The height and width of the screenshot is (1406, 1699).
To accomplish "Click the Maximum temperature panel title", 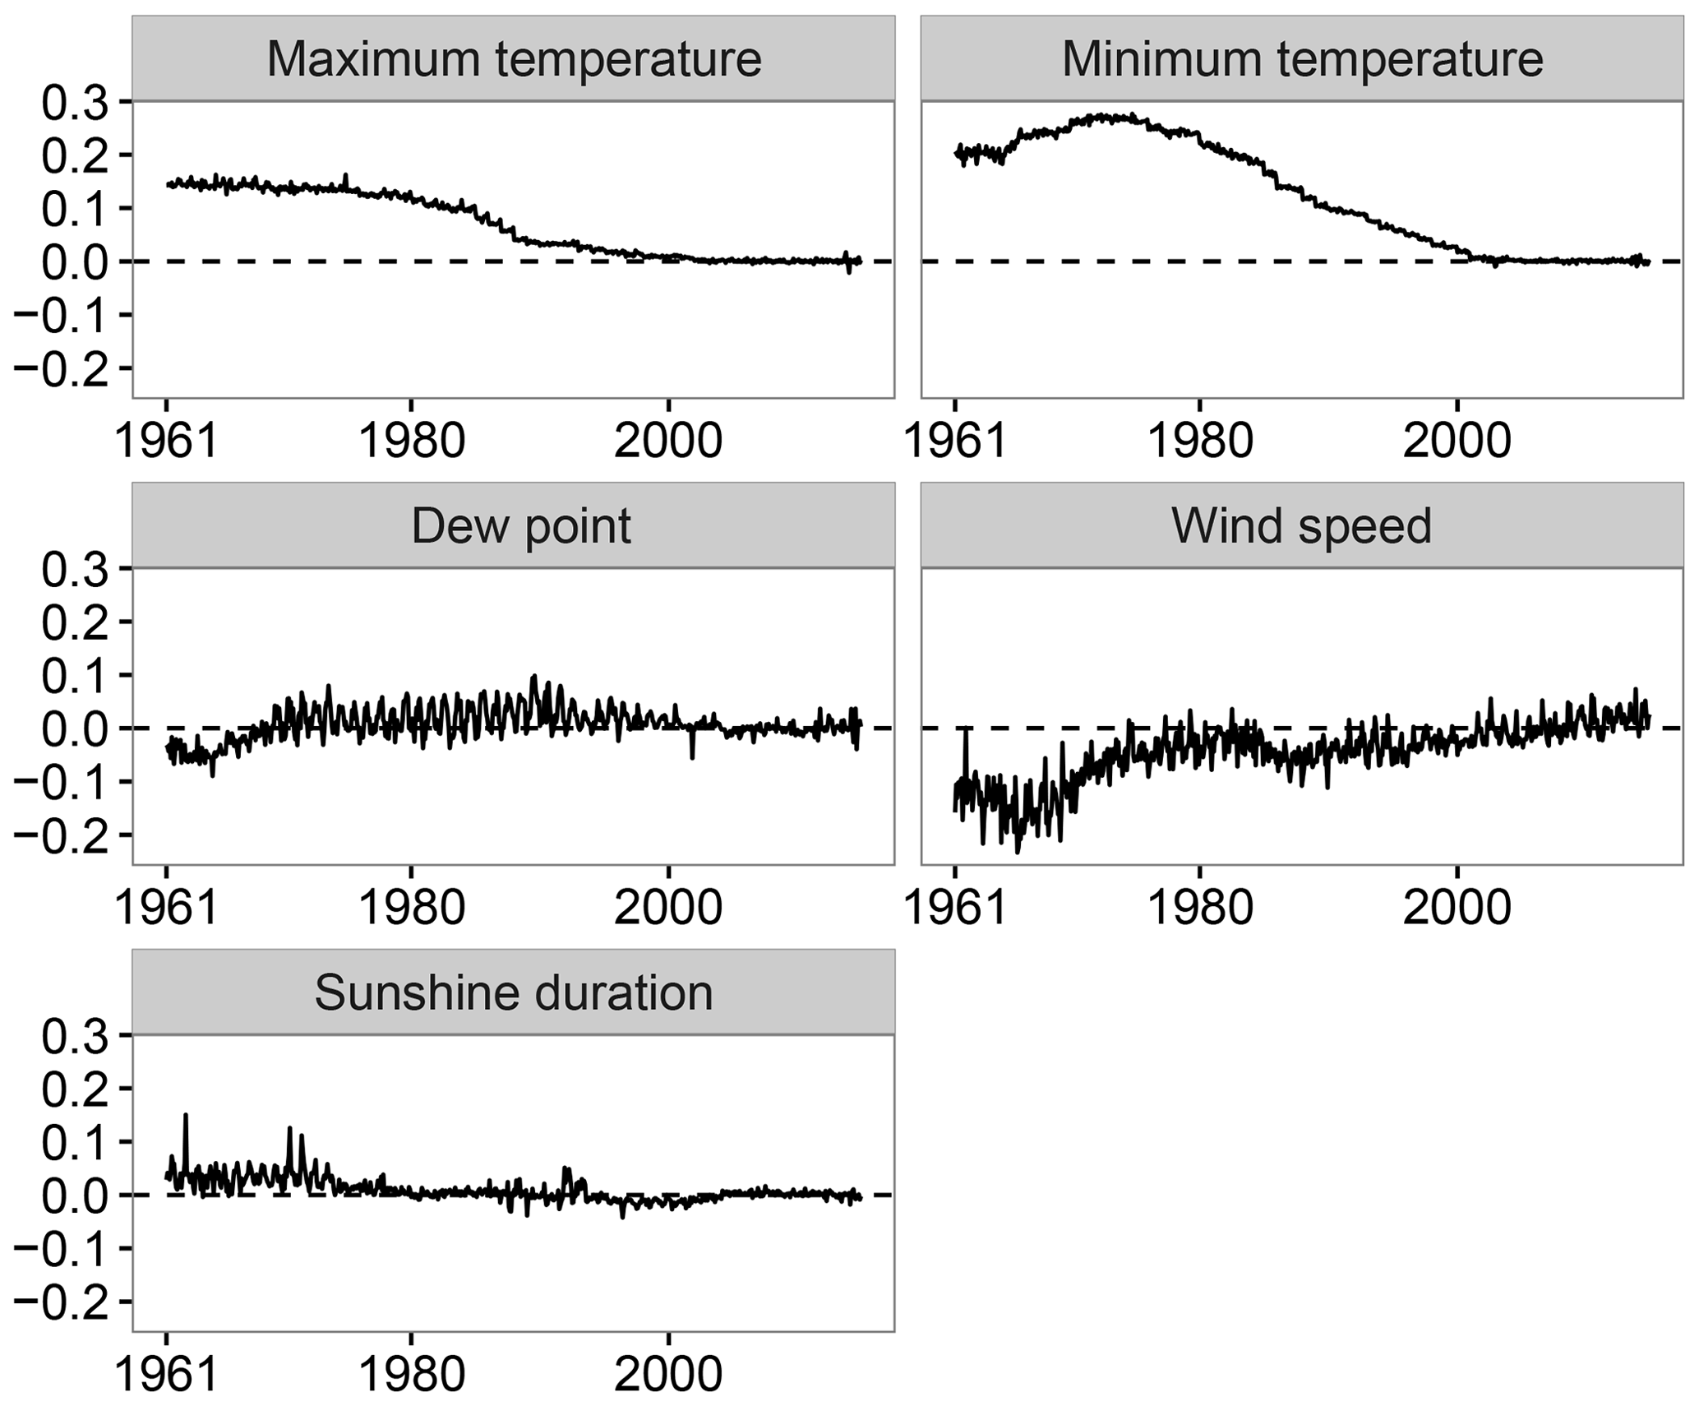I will (x=514, y=60).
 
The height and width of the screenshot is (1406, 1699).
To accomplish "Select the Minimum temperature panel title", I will (x=1302, y=60).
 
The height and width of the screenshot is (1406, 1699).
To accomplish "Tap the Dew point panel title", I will (x=521, y=526).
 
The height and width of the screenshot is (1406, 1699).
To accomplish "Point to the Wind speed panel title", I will (x=1302, y=526).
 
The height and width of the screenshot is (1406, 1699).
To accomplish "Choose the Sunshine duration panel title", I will (x=514, y=992).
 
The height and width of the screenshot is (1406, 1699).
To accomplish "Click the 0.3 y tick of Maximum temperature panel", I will (x=75, y=102).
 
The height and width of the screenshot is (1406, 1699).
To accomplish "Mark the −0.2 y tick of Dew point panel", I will (x=62, y=835).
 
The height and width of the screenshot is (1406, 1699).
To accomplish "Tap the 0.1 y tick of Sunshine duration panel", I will (x=75, y=1142).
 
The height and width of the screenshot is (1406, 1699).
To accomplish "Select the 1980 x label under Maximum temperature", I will (x=412, y=440).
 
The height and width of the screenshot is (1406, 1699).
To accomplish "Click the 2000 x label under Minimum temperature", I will (x=1457, y=440).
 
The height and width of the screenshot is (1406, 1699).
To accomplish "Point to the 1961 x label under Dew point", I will (x=167, y=907).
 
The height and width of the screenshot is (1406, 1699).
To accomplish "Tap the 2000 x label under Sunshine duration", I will (x=668, y=1374).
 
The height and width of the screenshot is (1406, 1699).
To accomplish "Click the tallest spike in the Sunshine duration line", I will (x=186, y=1116).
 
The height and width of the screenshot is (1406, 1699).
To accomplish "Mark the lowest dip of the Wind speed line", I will (x=1017, y=852).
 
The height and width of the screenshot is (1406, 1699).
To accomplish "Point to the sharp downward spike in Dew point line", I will (x=692, y=756).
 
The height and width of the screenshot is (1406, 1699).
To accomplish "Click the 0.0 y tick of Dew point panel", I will (x=75, y=728).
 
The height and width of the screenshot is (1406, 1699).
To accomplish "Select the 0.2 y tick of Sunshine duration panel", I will (x=75, y=1089).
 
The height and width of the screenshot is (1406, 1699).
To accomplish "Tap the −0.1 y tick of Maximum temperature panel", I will (x=62, y=315).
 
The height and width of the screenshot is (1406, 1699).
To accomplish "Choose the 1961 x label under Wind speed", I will (x=955, y=907).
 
